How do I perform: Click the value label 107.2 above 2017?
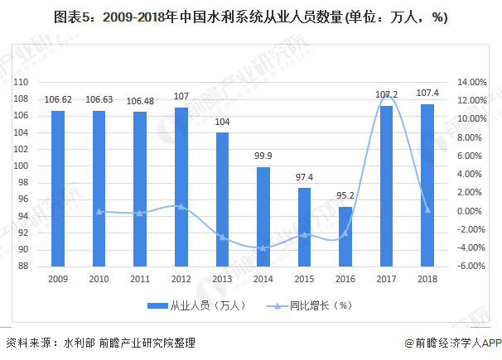pos(386,95)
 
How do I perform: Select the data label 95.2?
pos(345,197)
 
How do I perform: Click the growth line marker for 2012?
pos(181,206)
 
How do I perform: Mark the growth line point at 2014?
pos(263,247)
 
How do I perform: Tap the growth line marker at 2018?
pos(427,210)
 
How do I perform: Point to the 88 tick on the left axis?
pos(24,266)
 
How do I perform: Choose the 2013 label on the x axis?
pos(222,280)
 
